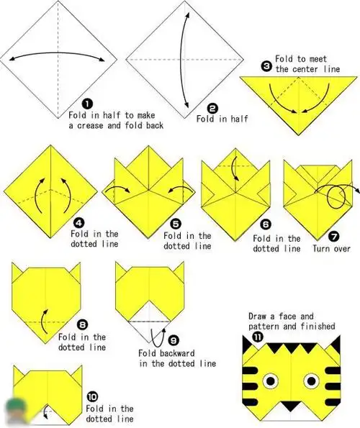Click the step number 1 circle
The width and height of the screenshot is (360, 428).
coord(87,104)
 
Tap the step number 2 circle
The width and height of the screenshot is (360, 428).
coord(212,109)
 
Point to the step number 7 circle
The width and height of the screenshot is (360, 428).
coord(334,237)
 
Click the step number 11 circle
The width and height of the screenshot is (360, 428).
coord(257,337)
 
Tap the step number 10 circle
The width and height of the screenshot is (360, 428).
coord(92,396)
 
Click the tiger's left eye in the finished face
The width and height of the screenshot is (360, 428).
coord(271,381)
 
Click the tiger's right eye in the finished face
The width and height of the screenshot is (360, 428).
coord(311,381)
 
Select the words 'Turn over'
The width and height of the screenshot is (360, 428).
coord(331,249)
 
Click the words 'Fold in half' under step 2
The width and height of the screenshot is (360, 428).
coord(222,119)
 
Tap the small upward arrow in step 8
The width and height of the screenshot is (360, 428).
coord(44,321)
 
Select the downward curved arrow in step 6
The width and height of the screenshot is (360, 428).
coord(234,168)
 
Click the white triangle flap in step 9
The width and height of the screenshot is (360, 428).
coord(150,332)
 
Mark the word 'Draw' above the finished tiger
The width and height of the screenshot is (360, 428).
coord(257,317)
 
